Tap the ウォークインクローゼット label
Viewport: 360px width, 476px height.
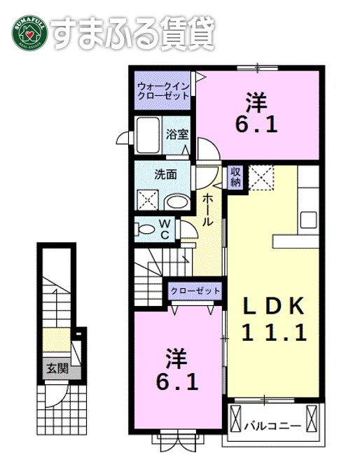(162, 90)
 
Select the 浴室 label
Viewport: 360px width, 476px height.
(176, 134)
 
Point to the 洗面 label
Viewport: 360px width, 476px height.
(165, 175)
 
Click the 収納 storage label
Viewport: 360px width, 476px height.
(234, 176)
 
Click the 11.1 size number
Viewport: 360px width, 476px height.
(275, 333)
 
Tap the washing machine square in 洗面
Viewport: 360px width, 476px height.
(149, 200)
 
